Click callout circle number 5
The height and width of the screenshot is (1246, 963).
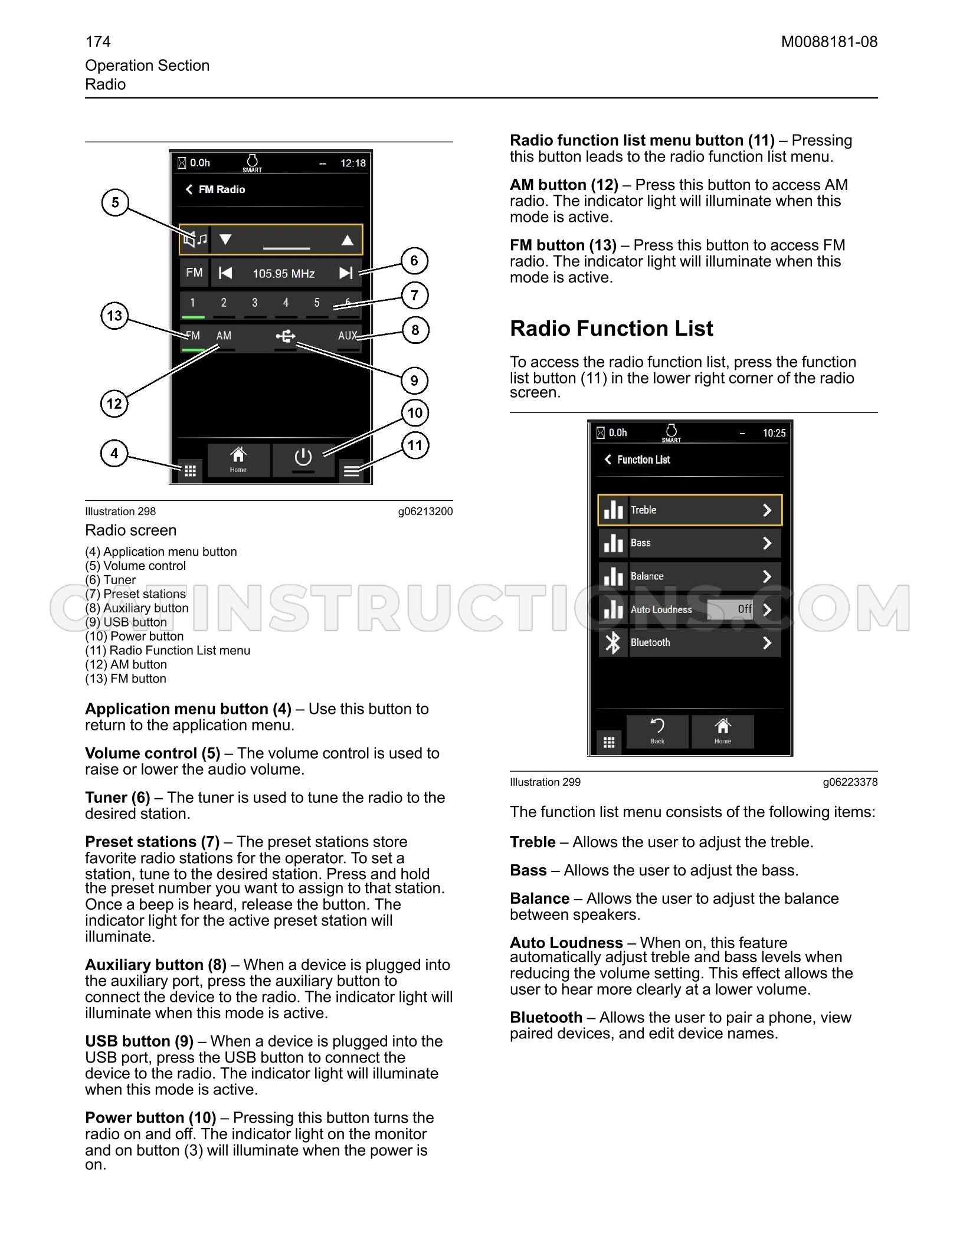(115, 202)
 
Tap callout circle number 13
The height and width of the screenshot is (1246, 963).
(114, 316)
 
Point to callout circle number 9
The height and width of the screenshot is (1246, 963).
(414, 381)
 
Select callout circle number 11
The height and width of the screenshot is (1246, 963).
(415, 445)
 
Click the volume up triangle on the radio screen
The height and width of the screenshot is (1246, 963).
(348, 240)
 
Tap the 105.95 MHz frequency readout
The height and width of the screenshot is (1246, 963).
(284, 274)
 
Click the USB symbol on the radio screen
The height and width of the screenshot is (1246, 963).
(286, 336)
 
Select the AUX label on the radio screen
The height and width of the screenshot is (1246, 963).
(348, 336)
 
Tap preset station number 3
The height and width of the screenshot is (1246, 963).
(255, 303)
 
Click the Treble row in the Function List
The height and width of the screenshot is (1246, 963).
(690, 510)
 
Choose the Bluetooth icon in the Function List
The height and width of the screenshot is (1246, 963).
(613, 642)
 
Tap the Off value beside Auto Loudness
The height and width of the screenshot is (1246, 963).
(745, 609)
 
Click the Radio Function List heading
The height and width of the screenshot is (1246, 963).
(611, 329)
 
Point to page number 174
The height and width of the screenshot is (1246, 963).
(98, 42)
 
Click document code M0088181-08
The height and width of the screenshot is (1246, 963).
(829, 42)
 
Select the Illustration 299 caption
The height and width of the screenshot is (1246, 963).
(545, 782)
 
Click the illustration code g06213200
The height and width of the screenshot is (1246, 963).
(425, 511)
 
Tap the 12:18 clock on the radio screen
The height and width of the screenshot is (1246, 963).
(353, 163)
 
